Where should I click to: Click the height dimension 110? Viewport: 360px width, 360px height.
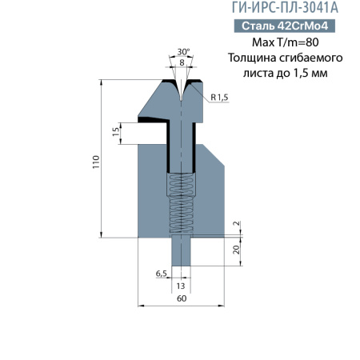(x=94, y=158)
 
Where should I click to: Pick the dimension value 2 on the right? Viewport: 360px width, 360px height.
(x=236, y=225)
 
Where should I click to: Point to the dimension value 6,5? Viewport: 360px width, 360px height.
(x=161, y=274)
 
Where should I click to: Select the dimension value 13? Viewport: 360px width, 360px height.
(x=181, y=286)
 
